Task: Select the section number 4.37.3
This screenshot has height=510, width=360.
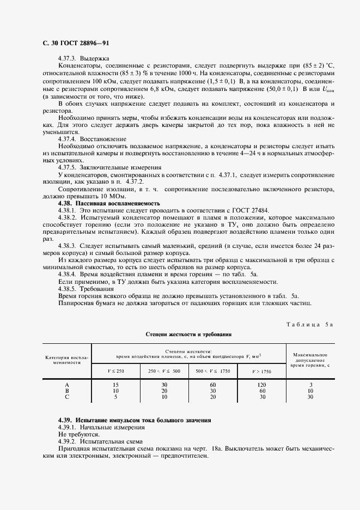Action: click(68, 58)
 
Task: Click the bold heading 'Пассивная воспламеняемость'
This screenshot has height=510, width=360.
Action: click(118, 203)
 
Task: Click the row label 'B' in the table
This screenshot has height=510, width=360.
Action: click(67, 391)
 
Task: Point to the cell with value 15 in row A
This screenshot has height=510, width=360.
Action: click(115, 385)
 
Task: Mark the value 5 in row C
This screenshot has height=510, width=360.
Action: click(115, 397)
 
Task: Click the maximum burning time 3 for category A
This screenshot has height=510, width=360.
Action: click(310, 385)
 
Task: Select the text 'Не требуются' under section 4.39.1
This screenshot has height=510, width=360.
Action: click(78, 435)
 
